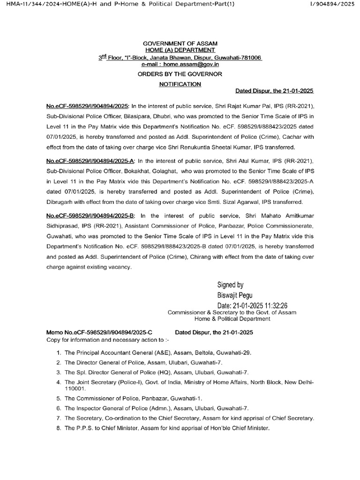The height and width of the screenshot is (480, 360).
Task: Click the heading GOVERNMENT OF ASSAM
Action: tap(180, 43)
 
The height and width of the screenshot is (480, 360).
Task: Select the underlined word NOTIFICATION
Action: tap(180, 84)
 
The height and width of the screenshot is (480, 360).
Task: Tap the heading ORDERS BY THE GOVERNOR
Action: tap(180, 74)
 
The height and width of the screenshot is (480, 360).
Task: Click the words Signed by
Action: tap(230, 285)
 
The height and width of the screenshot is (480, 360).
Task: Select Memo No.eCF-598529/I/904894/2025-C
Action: tap(99, 332)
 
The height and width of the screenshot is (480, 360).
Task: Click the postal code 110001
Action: tap(75, 389)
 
